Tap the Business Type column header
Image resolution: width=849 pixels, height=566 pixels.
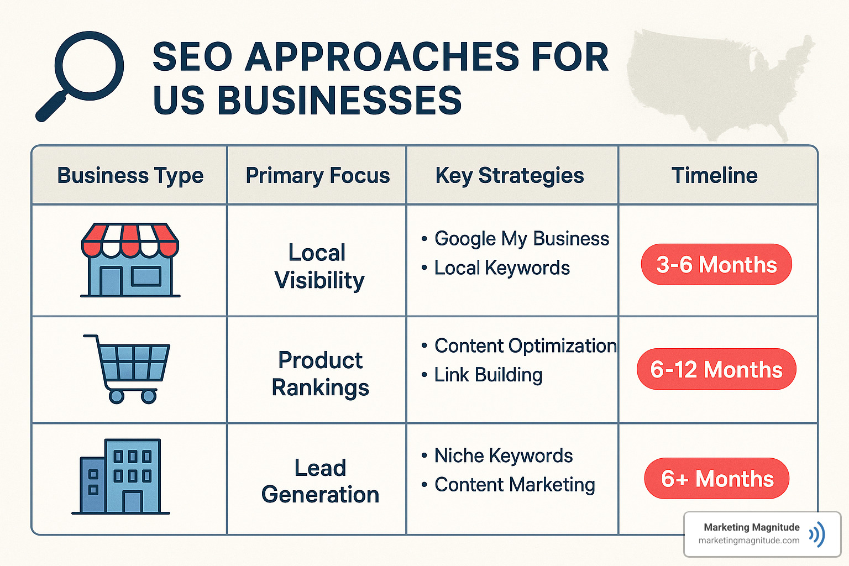[x=130, y=176]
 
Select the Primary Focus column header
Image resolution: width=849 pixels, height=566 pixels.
[x=318, y=176]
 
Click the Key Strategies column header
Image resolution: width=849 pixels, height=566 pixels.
[x=510, y=176]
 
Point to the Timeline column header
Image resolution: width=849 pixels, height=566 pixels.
[x=715, y=176]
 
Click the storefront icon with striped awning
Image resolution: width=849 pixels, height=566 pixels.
[x=130, y=260]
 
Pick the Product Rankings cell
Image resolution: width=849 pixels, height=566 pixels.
[x=321, y=374]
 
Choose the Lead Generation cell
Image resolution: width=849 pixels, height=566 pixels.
[x=321, y=481]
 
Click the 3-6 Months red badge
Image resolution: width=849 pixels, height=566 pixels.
[x=716, y=265]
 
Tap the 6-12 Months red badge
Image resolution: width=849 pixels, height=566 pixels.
[x=716, y=369]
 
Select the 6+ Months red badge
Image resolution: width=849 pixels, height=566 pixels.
[x=717, y=479]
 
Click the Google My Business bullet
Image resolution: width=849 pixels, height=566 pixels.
[x=521, y=239]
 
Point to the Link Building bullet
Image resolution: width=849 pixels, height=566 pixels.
[x=488, y=375]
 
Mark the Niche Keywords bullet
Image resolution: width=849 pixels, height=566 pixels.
[x=503, y=455]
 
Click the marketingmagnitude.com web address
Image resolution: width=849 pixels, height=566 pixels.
[x=749, y=541]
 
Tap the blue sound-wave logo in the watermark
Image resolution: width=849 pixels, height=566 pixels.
[x=817, y=534]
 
